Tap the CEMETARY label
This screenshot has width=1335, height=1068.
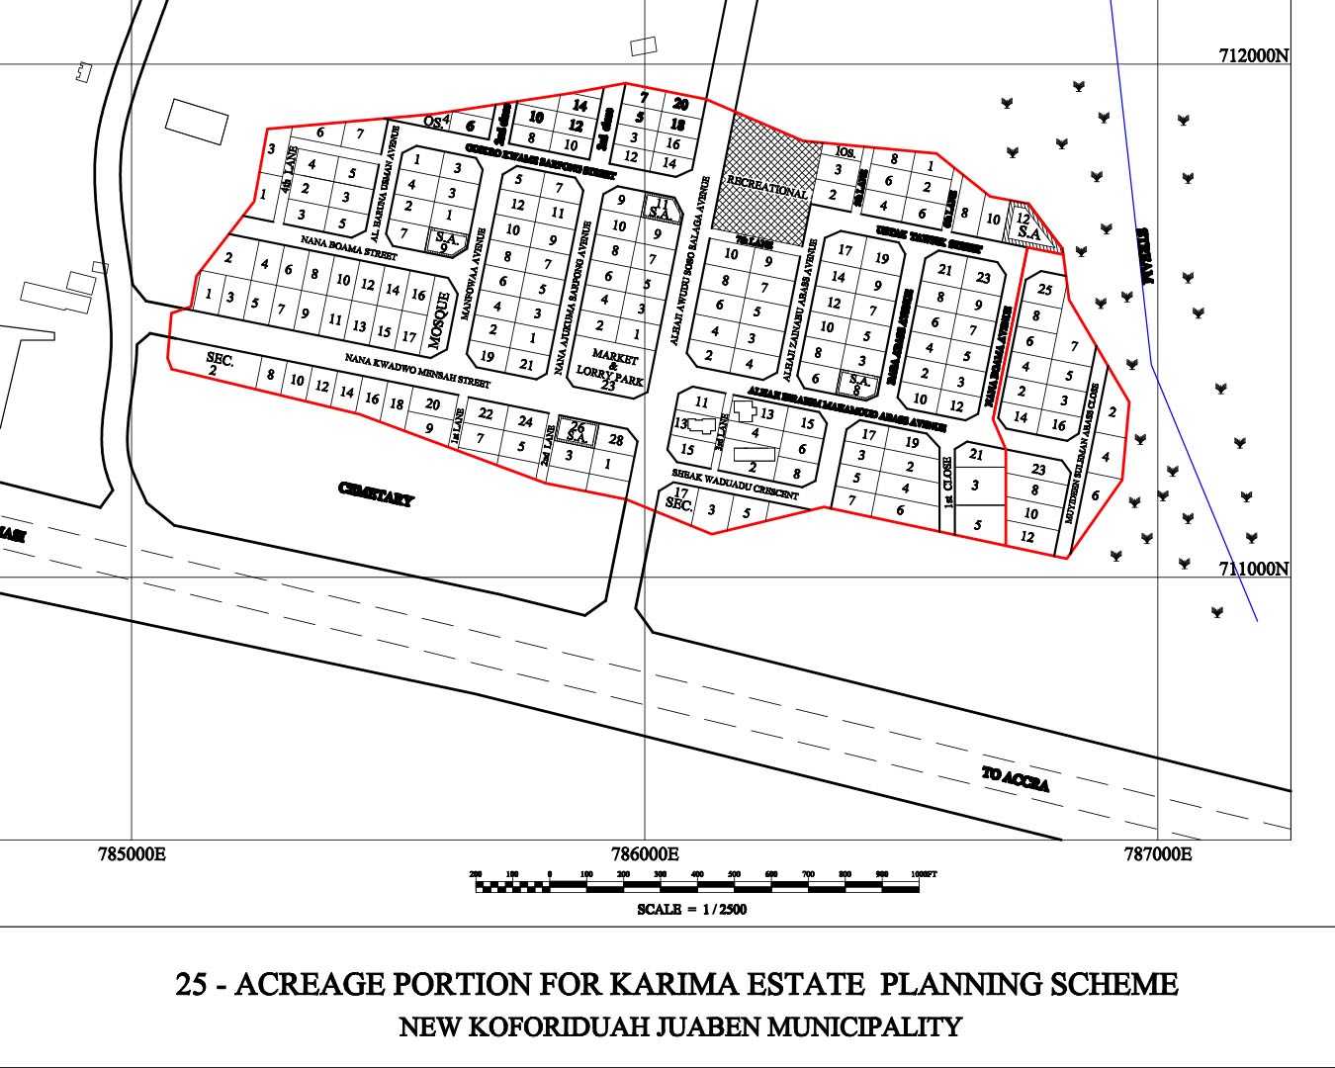coord(376,494)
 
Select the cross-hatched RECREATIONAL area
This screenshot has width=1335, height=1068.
coord(769,183)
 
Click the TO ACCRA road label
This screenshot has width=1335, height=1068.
coord(1015,779)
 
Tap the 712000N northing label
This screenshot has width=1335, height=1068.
coord(1253,56)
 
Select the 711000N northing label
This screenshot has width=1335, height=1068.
coord(1253,569)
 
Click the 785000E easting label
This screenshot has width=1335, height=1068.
coord(133,853)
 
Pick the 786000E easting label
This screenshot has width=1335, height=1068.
coord(645,853)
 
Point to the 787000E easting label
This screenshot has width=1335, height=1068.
coord(1157,853)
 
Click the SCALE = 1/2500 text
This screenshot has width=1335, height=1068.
coord(691,910)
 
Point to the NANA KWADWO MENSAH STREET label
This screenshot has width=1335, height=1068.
coord(417,370)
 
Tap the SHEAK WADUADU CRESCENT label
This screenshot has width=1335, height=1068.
coord(735,484)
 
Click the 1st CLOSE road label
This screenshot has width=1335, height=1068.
coord(947,482)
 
